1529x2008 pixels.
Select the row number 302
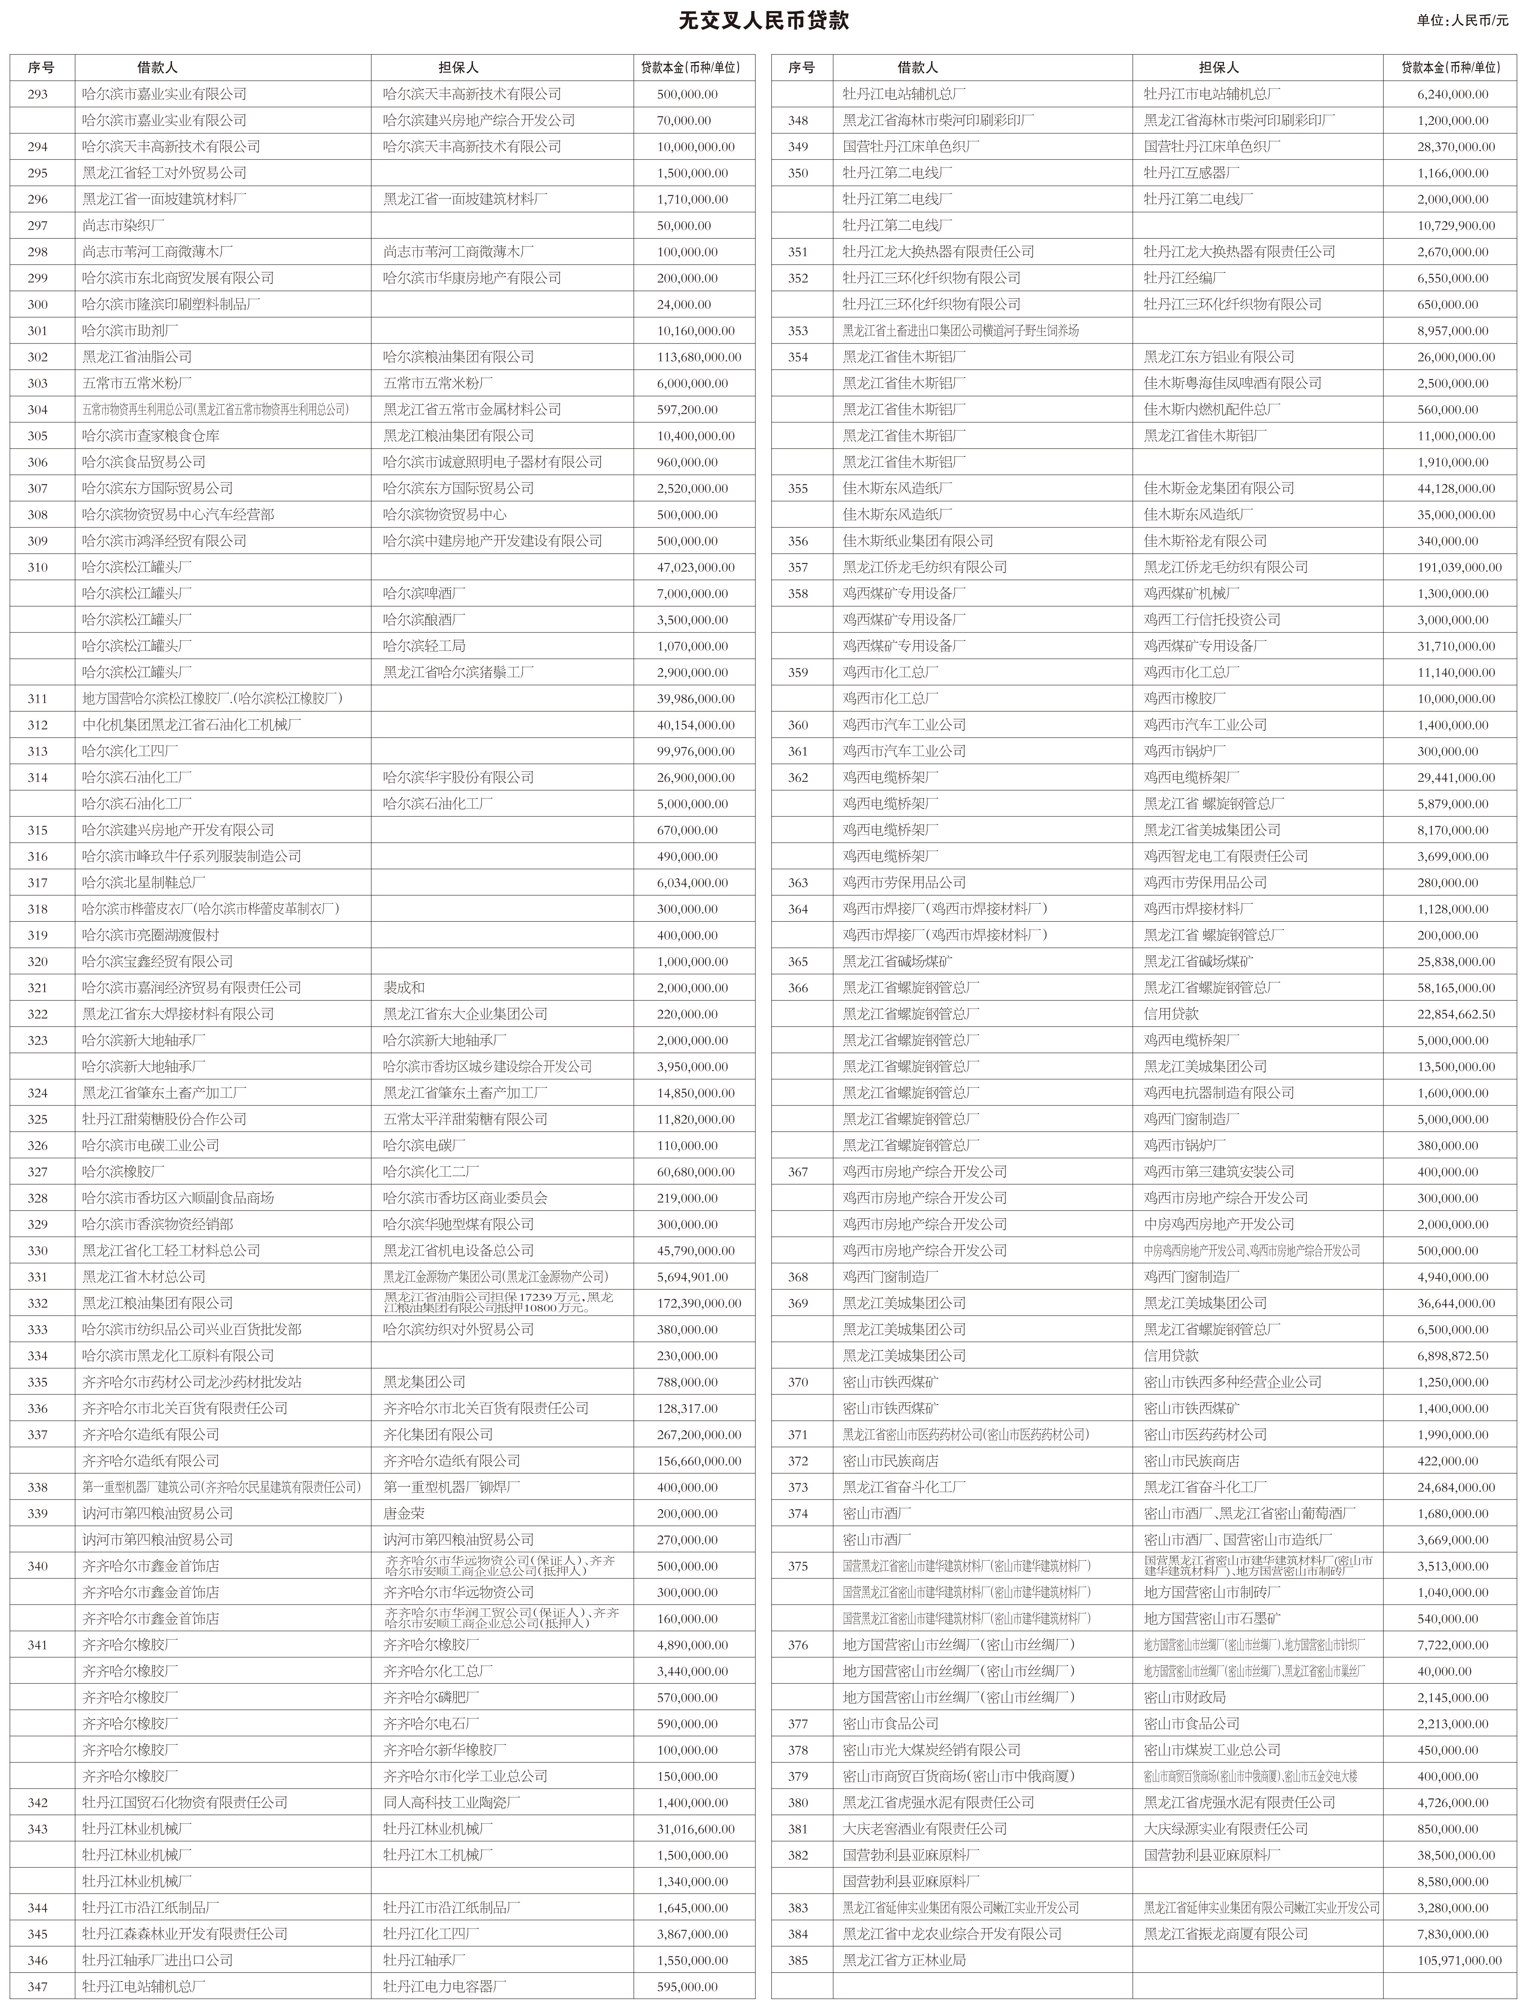point(37,357)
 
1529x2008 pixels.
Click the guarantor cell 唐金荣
point(404,1513)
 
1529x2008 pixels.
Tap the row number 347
point(37,1986)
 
